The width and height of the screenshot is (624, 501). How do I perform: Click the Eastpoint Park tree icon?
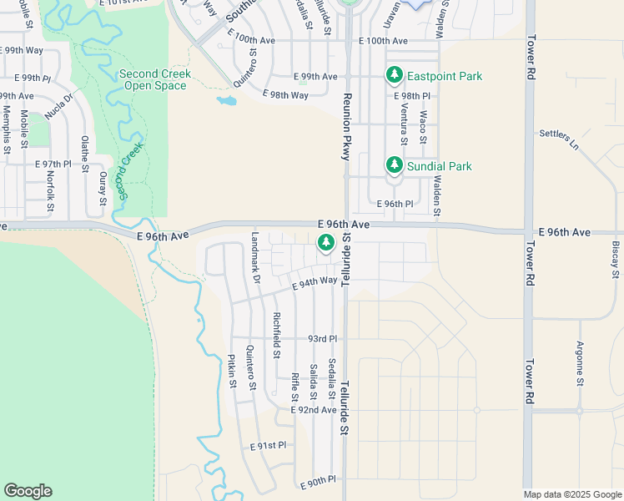pyautogui.click(x=395, y=76)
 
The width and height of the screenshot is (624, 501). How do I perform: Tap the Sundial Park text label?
pyautogui.click(x=440, y=166)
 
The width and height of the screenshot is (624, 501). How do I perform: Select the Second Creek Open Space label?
pyautogui.click(x=155, y=80)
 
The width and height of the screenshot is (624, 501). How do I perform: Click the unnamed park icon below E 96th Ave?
pyautogui.click(x=325, y=243)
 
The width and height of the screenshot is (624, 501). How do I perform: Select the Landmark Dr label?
pyautogui.click(x=256, y=269)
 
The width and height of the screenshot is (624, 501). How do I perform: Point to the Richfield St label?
pyautogui.click(x=275, y=334)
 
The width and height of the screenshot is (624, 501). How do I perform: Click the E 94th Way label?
pyautogui.click(x=314, y=284)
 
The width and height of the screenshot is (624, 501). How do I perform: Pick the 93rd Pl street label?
pyautogui.click(x=322, y=339)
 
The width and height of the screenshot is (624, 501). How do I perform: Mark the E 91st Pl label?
pyautogui.click(x=268, y=447)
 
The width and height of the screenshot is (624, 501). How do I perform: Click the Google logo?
pyautogui.click(x=28, y=491)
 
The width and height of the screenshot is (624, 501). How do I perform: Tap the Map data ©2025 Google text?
pyautogui.click(x=573, y=494)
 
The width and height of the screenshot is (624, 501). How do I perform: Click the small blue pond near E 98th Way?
pyautogui.click(x=225, y=102)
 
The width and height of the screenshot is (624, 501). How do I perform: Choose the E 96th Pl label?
pyautogui.click(x=395, y=204)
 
